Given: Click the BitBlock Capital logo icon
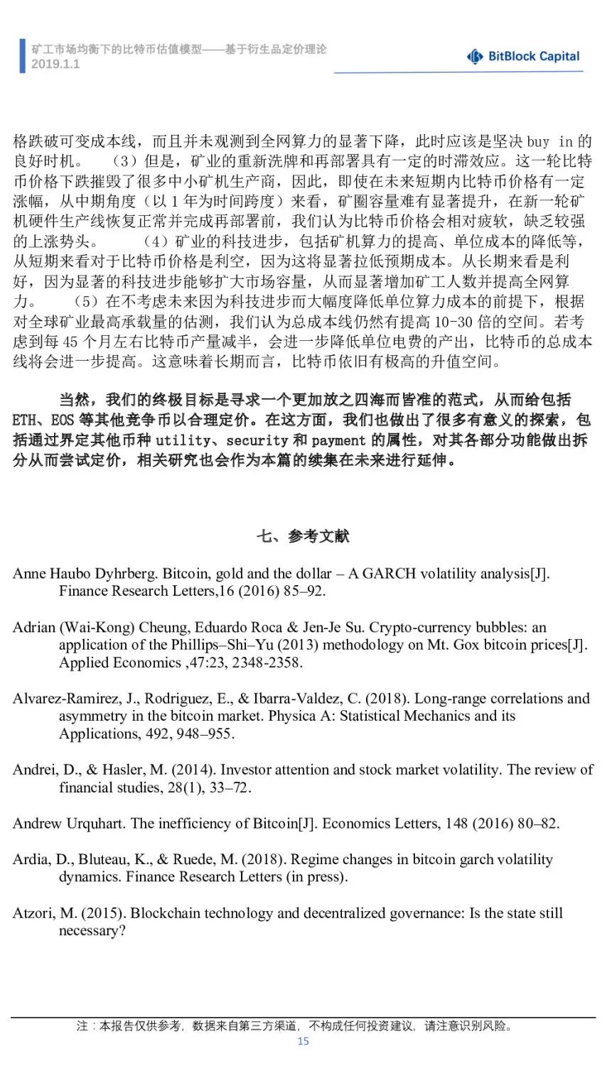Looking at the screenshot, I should pos(475,57).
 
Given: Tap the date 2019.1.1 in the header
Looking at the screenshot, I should pos(55,64).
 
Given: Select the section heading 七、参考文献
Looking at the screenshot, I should pos(303,536).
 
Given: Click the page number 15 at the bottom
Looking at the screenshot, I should pos(304,1041).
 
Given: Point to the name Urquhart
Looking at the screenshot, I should pos(96,823).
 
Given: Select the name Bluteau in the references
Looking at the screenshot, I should pos(103,859).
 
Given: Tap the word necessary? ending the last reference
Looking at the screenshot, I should pos(92,930).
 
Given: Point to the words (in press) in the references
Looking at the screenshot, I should pos(317,876).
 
